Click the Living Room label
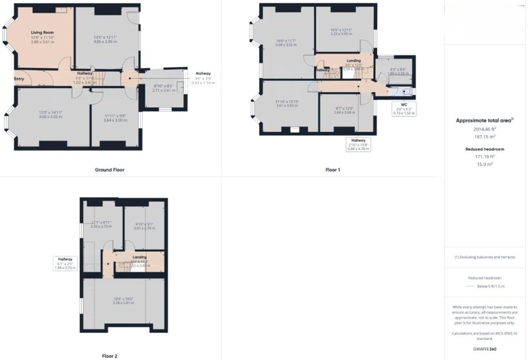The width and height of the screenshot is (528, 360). pyautogui.click(x=42, y=33)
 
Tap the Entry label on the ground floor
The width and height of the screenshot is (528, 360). pyautogui.click(x=19, y=79)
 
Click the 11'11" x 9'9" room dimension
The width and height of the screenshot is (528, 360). pyautogui.click(x=115, y=116)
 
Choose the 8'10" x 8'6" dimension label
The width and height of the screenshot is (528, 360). pyautogui.click(x=164, y=86)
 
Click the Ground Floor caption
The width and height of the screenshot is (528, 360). pyautogui.click(x=110, y=170)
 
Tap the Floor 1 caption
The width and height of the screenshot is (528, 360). pyautogui.click(x=332, y=170)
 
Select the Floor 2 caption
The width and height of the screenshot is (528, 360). pyautogui.click(x=110, y=356)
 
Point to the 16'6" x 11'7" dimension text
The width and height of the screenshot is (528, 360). pyautogui.click(x=286, y=40)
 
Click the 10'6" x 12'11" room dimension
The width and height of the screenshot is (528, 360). pyautogui.click(x=341, y=30)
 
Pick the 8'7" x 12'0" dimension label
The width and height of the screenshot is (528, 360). pyautogui.click(x=344, y=109)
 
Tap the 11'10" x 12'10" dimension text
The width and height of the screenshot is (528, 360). pyautogui.click(x=286, y=102)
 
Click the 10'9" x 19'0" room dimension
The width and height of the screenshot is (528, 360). pyautogui.click(x=123, y=298)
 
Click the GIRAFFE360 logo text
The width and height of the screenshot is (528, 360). pyautogui.click(x=485, y=349)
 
